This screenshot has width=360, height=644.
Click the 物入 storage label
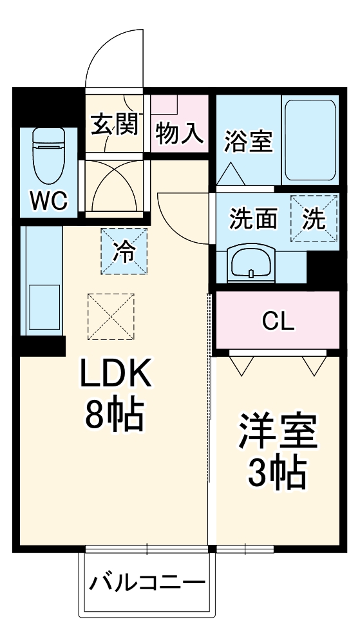tap(180, 134)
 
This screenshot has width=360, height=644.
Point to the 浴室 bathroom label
tap(248, 141)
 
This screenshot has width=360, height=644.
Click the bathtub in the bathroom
tap(310, 140)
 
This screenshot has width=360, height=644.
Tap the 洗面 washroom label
tap(254, 220)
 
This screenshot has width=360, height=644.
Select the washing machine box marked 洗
tap(314, 219)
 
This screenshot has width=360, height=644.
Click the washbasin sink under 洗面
tap(250, 263)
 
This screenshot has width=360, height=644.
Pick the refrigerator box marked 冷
tap(124, 251)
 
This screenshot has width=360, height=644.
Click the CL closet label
tap(278, 321)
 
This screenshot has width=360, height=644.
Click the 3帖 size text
tap(277, 474)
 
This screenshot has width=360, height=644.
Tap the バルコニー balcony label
tap(147, 583)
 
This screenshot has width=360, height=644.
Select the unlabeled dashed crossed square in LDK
tap(111, 316)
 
